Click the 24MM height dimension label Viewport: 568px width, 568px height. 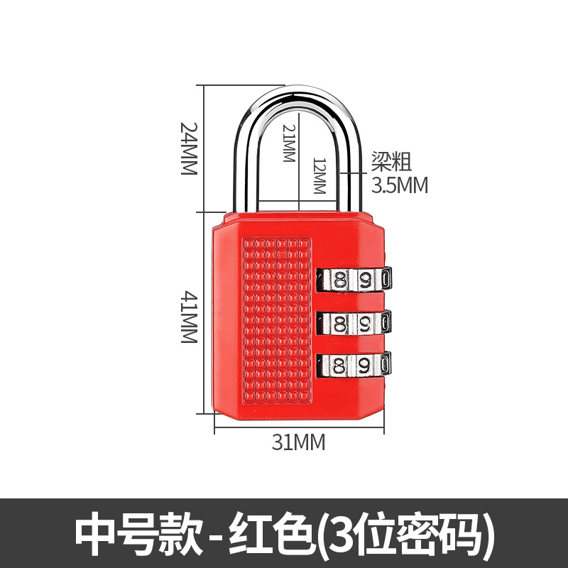pos(187,149)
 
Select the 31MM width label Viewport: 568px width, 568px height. pos(299,442)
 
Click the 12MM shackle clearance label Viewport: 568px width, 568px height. pos(318,177)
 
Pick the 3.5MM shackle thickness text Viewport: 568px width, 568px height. pos(400,185)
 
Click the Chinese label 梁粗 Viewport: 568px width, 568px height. pos(391,163)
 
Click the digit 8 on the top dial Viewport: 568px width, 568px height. pos(340,279)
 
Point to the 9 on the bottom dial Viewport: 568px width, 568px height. pos(364,366)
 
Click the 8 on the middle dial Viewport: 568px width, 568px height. pos(340,323)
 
